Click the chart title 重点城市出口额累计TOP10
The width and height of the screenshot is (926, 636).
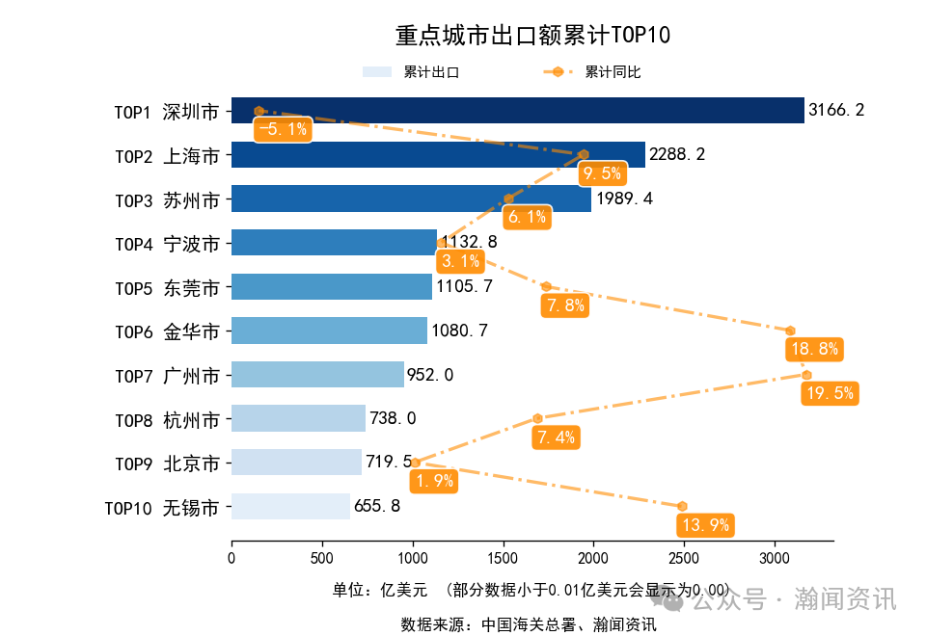[x=532, y=36]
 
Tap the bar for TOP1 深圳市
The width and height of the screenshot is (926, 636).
[x=517, y=111]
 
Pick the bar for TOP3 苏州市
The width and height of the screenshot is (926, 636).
[x=411, y=199]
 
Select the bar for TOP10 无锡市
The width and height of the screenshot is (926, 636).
[x=290, y=506]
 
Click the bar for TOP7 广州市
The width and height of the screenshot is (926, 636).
[x=317, y=374]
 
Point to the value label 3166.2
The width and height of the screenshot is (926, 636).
[x=835, y=111]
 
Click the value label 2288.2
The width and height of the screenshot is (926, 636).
[x=676, y=155]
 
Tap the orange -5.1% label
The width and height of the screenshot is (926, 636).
[x=283, y=129]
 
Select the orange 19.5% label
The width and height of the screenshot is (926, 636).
[x=830, y=393]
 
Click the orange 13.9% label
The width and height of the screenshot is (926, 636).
[x=705, y=525]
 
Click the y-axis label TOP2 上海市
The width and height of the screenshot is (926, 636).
[x=167, y=155]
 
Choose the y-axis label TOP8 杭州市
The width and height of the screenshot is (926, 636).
[x=167, y=419]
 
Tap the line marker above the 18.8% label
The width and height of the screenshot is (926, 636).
[x=790, y=331]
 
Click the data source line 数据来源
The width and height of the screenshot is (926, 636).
[x=529, y=624]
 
